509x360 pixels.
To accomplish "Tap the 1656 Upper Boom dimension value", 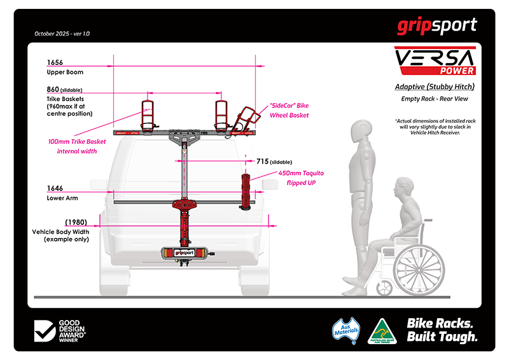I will (x=56, y=63).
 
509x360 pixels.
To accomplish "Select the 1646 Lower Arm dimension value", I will (x=56, y=189).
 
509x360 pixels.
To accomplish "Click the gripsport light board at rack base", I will (x=184, y=253).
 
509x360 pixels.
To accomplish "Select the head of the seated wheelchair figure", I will (x=403, y=189).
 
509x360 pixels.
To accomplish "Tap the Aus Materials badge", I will (x=347, y=330).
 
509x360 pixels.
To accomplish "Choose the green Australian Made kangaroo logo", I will (x=383, y=330).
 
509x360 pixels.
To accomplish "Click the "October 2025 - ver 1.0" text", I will (x=62, y=33).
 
